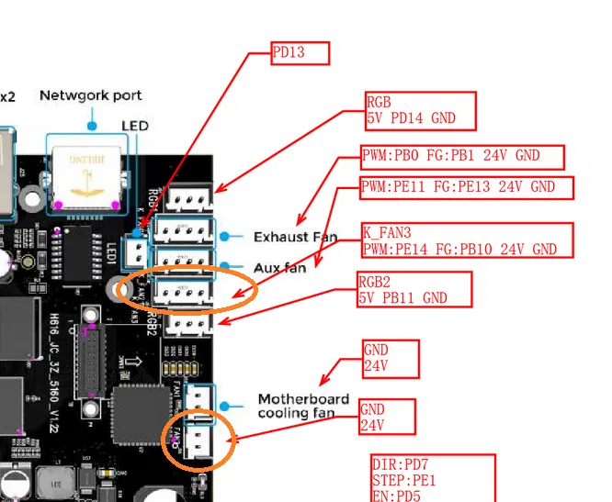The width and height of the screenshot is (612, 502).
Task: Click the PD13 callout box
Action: pos(300,53)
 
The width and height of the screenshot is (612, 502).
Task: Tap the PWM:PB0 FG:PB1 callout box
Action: pos(461,157)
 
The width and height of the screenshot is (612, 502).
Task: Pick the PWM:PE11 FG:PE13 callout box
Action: pos(467,187)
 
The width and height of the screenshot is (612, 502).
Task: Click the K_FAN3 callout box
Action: pos(466,240)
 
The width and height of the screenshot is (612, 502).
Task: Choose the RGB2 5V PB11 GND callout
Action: pos(414,289)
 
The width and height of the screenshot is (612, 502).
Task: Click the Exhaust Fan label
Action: pos(295,237)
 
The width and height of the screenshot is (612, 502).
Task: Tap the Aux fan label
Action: pos(279,268)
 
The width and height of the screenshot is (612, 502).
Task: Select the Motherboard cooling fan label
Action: pos(303,406)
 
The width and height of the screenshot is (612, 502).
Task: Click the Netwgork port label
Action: pos(91,95)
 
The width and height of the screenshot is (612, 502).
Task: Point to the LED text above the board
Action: pos(135,125)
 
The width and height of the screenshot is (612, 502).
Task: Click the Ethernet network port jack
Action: pos(88,174)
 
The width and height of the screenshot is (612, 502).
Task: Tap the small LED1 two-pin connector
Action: pos(138,251)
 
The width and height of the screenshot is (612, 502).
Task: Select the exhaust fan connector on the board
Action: pos(184,230)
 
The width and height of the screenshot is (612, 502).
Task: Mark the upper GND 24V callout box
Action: pos(389,359)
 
